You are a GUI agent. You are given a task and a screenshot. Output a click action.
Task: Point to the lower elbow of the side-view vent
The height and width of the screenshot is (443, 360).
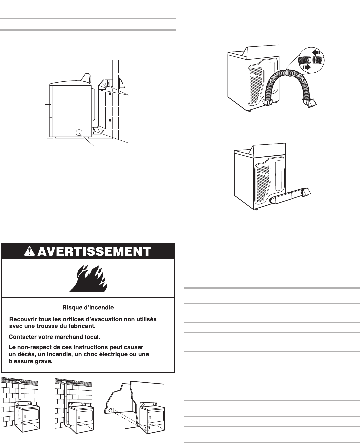96,130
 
